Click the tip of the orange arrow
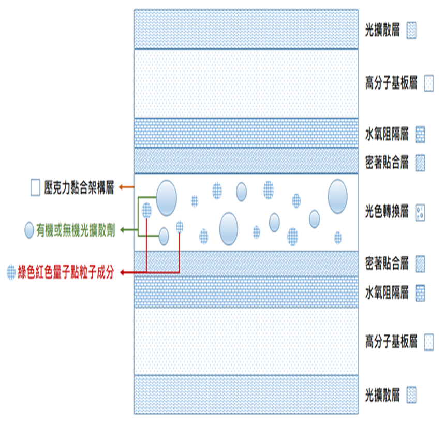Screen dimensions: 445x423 [119, 187]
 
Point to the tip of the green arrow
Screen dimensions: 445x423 [121, 230]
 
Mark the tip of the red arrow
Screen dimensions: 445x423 [121, 272]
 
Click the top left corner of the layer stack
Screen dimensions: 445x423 [135, 10]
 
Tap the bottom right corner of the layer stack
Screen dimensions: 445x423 [358, 414]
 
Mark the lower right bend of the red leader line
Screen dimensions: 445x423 [180, 272]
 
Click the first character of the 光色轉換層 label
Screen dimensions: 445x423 [369, 212]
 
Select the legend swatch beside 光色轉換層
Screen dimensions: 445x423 [420, 213]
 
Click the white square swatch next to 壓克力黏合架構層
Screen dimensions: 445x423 [35, 187]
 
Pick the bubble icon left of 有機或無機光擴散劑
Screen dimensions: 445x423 [29, 230]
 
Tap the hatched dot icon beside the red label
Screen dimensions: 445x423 [11, 272]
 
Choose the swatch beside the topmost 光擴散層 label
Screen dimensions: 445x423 [411, 31]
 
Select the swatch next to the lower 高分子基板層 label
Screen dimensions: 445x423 [429, 342]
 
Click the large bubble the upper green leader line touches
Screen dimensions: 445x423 [167, 198]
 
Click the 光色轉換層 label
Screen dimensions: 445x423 [387, 212]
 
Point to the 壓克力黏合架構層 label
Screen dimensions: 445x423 [79, 187]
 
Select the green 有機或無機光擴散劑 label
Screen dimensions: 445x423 [76, 230]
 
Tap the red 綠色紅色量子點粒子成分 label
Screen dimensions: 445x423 [66, 272]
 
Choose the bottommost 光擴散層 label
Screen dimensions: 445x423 [382, 395]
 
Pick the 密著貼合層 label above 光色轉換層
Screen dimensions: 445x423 [387, 163]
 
